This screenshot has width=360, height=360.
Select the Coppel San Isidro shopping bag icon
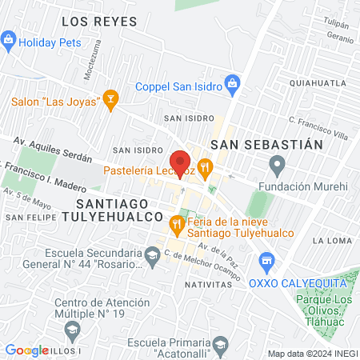(233, 82)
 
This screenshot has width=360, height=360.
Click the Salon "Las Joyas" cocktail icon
(111, 101)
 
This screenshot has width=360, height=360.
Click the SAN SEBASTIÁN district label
(266, 144)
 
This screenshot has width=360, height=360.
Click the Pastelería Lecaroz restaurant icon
(206, 168)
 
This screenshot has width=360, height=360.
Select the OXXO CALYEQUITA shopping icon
(267, 261)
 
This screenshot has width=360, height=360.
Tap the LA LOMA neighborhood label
(329, 240)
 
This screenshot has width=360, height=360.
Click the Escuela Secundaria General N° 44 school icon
(151, 255)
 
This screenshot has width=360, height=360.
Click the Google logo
(27, 350)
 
